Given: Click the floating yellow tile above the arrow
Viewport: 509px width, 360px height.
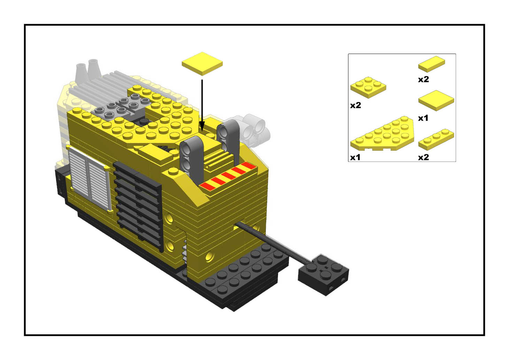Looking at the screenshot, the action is pos(202,64).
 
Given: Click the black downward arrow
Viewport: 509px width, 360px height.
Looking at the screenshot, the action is pos(202,105).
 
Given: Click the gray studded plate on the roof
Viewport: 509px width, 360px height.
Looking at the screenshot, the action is pos(121,107).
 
